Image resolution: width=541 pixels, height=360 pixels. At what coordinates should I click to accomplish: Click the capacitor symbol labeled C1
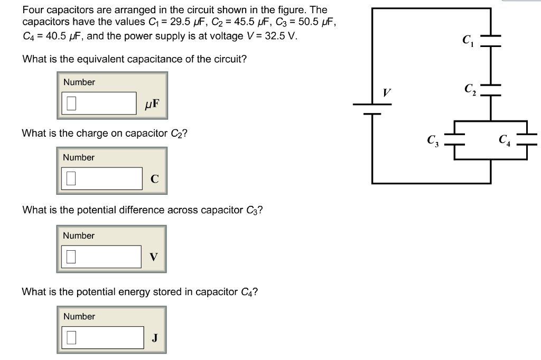(x=491, y=40)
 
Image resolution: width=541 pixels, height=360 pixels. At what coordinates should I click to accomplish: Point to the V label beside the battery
(x=387, y=93)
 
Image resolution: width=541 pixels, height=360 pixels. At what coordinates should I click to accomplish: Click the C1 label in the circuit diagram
(x=468, y=40)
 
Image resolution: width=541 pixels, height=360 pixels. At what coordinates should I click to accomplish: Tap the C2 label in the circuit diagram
(x=470, y=90)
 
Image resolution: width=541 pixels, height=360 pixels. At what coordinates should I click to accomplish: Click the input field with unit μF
(x=100, y=103)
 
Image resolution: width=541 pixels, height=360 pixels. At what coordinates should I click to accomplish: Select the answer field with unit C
(x=103, y=178)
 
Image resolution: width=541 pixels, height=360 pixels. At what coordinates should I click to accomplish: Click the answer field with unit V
(x=102, y=257)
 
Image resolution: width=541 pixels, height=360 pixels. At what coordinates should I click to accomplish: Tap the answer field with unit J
(x=104, y=337)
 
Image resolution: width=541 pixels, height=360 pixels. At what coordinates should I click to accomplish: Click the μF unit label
(x=151, y=103)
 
